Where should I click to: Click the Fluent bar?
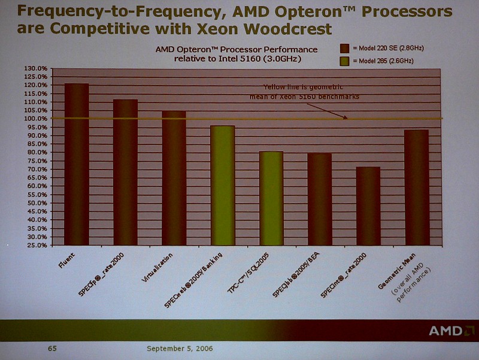77,165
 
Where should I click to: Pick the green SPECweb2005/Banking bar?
222,186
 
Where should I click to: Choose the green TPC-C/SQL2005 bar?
271,198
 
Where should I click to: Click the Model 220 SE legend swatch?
345,48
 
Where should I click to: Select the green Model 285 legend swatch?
345,61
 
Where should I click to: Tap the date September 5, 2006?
179,348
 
